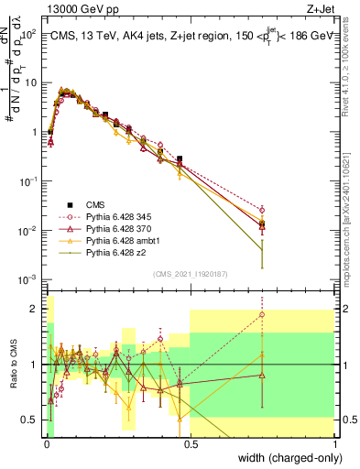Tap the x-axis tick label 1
335,443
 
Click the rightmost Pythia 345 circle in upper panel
262,210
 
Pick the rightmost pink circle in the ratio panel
262,315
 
